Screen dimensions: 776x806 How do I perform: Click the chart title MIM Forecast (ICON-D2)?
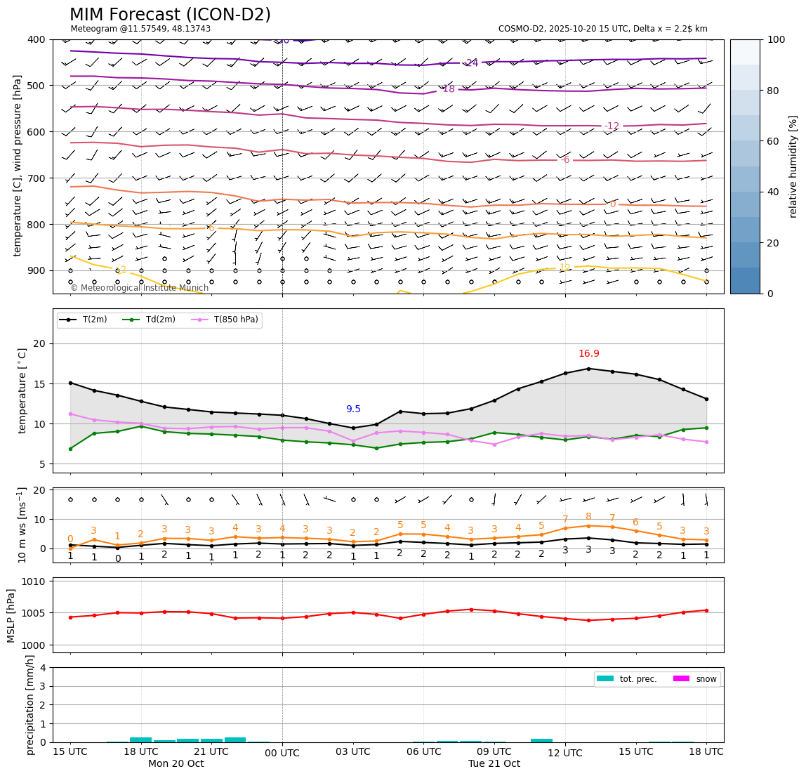[x=170, y=15]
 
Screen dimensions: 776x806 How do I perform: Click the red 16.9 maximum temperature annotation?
[x=588, y=354]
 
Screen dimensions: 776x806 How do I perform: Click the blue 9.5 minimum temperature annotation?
[x=353, y=409]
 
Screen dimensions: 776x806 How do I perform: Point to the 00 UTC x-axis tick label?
[x=282, y=753]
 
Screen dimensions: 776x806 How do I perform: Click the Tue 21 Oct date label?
[x=494, y=764]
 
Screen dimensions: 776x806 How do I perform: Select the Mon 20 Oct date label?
[x=176, y=764]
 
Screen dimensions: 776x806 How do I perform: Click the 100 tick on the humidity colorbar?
[x=777, y=39]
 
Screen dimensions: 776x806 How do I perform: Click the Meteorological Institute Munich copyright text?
[x=139, y=288]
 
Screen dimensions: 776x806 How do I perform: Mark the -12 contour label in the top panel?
[x=612, y=126]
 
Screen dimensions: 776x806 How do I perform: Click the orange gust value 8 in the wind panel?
[x=588, y=517]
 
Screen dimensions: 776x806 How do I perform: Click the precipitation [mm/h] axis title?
[x=30, y=704]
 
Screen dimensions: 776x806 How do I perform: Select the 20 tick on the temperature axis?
[x=39, y=343]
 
